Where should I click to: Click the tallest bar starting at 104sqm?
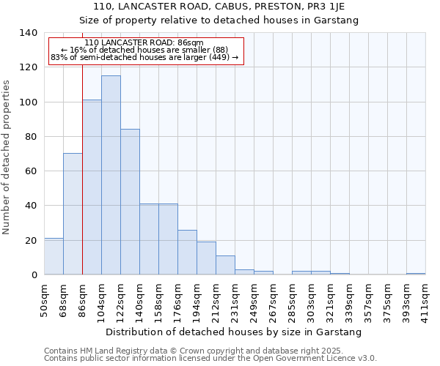point(111,175)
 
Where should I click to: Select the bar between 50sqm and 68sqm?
point(54,256)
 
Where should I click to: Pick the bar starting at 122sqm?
point(130,202)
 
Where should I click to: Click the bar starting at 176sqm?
point(187,253)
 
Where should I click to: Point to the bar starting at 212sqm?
point(225,265)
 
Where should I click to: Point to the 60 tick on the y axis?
point(31,171)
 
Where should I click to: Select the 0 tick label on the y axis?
point(34,275)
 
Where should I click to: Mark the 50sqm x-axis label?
point(44,299)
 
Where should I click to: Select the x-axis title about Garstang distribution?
point(234,332)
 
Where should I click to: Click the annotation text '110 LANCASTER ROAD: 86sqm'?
point(144,43)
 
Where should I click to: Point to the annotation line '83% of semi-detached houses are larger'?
point(144,57)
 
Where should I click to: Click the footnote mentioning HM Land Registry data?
point(209,351)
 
